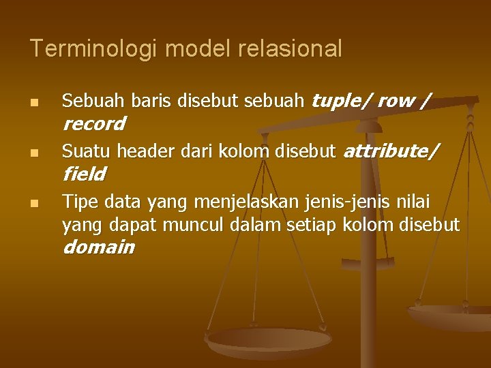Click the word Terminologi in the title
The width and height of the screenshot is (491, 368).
94,48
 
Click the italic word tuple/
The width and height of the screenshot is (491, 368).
340,102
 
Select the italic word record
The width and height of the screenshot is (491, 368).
94,124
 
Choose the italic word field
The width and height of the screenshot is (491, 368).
84,174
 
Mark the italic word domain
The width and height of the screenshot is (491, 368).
98,247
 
